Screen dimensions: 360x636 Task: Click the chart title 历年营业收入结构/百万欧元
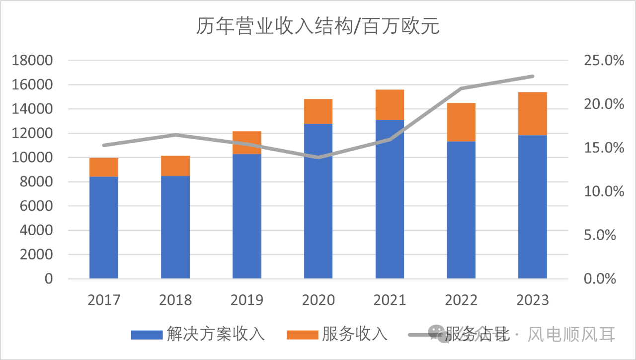tap(318, 26)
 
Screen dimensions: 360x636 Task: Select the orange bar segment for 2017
tap(104, 168)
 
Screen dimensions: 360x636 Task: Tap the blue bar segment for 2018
tap(175, 227)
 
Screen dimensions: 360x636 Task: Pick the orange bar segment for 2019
tap(247, 143)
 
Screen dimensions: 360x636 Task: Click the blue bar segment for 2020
tap(318, 201)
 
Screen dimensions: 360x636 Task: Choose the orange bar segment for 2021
tap(390, 105)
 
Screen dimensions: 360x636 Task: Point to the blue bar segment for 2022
tap(461, 210)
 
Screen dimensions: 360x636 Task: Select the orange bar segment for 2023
tap(533, 114)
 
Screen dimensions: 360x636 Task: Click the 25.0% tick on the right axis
tap(603, 61)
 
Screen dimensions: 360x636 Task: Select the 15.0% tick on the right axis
tap(603, 148)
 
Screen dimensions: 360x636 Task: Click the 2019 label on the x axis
tap(247, 300)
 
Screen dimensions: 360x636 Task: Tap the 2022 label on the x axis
tap(461, 300)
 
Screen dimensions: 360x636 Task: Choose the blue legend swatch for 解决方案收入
tap(147, 334)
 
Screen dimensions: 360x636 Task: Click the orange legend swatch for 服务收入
tap(302, 334)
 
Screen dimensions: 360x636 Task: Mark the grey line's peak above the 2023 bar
tap(533, 76)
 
